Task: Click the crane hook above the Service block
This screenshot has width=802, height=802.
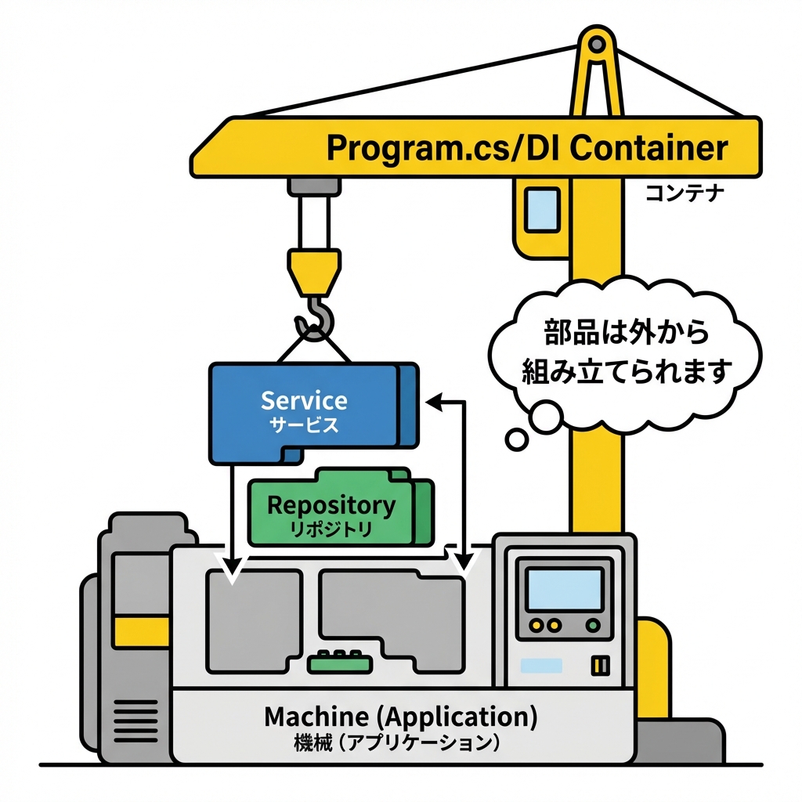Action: pos(315,317)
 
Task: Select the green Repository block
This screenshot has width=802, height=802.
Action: pos(333,509)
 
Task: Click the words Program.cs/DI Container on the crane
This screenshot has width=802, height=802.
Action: pos(526,147)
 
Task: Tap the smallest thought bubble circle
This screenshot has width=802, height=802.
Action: pos(517,439)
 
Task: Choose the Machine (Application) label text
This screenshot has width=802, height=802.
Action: pos(400,717)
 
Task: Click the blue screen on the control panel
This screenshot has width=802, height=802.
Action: pos(564,589)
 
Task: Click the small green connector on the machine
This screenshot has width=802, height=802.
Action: pos(339,663)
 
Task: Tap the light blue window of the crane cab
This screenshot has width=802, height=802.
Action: pos(542,209)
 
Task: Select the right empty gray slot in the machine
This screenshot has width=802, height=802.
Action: pos(392,611)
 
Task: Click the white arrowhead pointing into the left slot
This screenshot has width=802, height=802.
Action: pos(232,571)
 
